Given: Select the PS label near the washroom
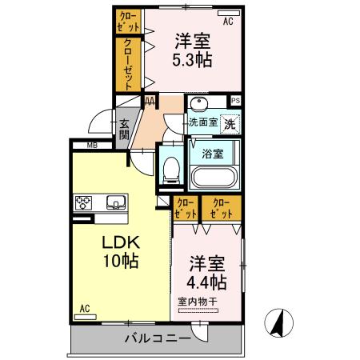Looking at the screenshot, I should click(x=235, y=101).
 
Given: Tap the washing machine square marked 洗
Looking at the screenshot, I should click(x=230, y=124).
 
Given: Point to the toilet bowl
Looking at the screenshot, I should click(x=170, y=168).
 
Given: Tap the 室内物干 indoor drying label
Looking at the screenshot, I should click(x=198, y=302).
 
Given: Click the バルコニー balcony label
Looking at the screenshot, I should click(x=157, y=338).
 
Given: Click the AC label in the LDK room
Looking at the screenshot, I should click(x=85, y=308).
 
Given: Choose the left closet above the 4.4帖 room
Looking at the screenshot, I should click(x=186, y=209).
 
